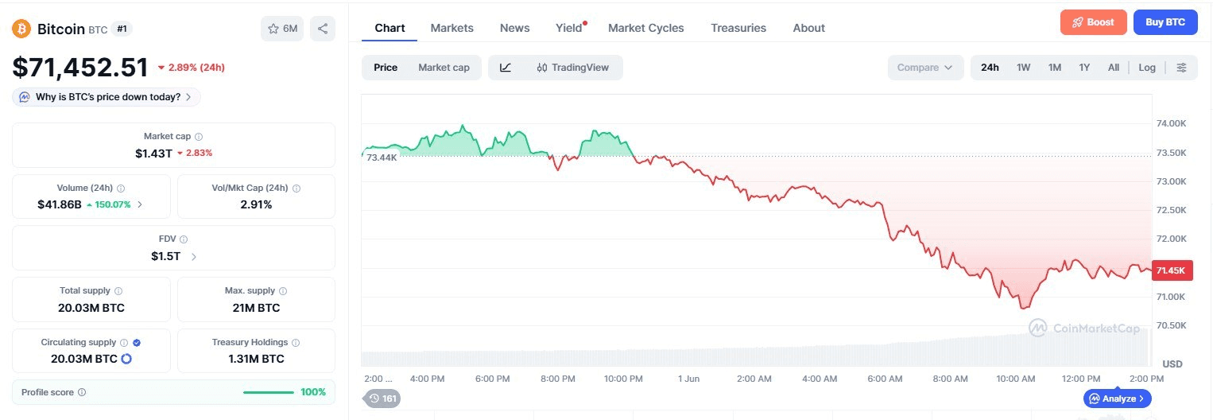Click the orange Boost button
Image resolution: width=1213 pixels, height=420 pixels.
(x=1093, y=22)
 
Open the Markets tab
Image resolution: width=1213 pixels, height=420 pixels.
(x=451, y=28)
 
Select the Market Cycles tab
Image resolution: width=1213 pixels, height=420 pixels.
(x=645, y=28)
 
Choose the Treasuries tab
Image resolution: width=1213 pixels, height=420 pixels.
(x=738, y=28)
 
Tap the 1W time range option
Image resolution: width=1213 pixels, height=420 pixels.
(x=1023, y=67)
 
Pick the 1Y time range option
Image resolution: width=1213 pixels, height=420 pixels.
(x=1084, y=67)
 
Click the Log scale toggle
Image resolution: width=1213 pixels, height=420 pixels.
(x=1147, y=67)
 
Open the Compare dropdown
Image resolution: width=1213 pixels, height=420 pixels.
(x=925, y=67)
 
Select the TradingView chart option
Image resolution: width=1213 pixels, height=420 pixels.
(x=572, y=67)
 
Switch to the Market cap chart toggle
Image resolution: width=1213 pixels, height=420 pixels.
(x=444, y=67)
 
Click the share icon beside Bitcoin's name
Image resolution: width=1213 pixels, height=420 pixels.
(x=323, y=28)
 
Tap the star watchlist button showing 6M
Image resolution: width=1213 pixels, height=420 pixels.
(x=282, y=28)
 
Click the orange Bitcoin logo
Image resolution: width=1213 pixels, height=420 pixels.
(x=21, y=29)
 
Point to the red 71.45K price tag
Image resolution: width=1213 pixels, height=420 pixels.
(x=1172, y=270)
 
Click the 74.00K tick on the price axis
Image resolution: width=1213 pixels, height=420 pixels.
(x=1171, y=123)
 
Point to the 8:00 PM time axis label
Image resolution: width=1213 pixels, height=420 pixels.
(x=558, y=379)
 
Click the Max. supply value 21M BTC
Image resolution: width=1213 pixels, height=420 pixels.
(x=256, y=308)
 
